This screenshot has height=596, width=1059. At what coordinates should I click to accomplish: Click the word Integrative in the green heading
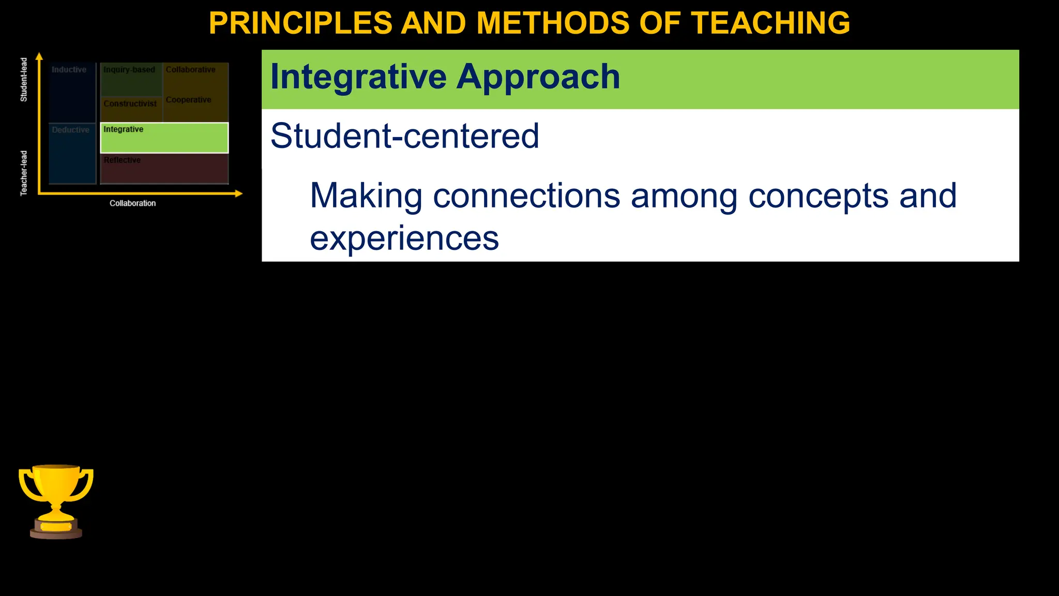coord(358,77)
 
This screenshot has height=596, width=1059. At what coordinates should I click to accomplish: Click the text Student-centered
coord(404,136)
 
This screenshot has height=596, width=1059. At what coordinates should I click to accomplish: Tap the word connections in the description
coord(526,196)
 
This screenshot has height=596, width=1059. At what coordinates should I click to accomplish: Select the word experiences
coord(404,239)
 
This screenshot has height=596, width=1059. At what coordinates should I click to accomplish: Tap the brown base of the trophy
coord(56,533)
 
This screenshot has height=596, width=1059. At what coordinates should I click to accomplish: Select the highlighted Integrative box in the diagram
coord(164,138)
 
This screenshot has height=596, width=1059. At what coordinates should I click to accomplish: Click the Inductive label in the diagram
coord(69,70)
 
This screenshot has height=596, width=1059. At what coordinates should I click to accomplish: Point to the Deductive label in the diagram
coord(70,130)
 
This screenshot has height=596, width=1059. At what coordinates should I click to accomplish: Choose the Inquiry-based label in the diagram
coord(129,70)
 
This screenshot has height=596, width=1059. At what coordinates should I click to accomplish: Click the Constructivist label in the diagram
coord(130,103)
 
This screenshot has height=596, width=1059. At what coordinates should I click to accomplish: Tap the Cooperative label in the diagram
coord(188,100)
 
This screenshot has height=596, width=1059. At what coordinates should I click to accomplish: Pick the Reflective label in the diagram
coord(122,160)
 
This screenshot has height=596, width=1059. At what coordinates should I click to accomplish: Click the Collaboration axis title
coord(132,203)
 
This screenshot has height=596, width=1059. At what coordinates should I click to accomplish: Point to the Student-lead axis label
coord(24,80)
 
